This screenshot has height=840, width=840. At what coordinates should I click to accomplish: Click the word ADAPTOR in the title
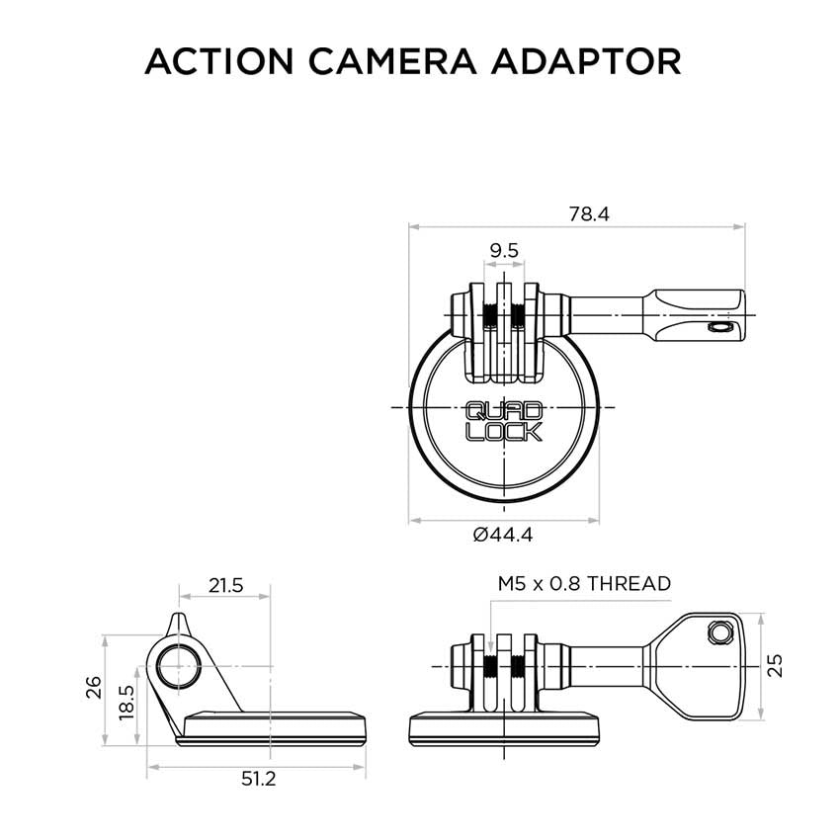596,60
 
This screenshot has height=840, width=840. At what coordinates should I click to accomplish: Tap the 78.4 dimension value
588,213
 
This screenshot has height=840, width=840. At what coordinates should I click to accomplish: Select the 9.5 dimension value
504,251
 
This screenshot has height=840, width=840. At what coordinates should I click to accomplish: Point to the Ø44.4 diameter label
504,535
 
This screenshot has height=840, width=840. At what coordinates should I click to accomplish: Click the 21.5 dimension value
225,585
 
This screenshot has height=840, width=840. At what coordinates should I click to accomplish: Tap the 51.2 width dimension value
257,779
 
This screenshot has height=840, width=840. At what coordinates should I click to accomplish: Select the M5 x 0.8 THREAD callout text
584,584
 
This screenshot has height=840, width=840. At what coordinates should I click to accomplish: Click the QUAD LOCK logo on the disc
503,421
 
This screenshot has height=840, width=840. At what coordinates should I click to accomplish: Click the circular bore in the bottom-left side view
178,667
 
